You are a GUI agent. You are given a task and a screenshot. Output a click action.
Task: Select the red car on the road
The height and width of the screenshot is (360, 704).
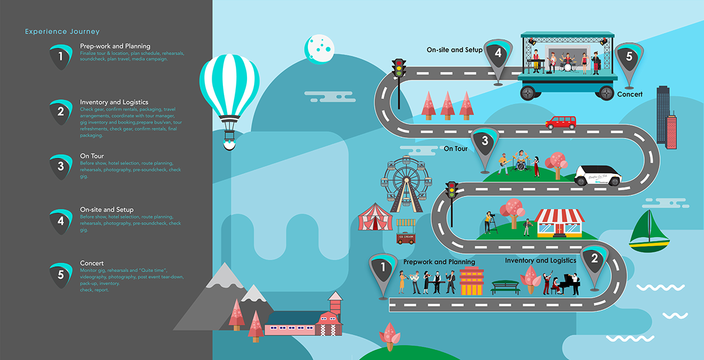point(560,123)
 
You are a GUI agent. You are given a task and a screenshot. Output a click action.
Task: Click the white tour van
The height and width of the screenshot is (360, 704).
point(597,175)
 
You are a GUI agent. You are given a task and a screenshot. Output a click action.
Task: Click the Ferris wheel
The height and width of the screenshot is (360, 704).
point(405,180)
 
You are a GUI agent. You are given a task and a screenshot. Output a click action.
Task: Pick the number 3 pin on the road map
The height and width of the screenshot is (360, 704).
point(485,145)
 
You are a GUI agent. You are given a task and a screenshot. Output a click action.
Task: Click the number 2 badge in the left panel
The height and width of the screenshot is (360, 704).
point(60,111)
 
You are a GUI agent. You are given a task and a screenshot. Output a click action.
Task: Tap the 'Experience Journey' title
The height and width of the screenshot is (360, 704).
point(62,32)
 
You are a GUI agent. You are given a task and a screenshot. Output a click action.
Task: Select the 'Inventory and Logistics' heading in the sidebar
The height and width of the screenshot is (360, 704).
point(114,102)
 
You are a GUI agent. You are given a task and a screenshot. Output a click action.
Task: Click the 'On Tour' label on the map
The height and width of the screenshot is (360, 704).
point(455,149)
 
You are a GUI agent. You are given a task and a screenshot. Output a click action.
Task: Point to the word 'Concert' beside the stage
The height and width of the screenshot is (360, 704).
point(629,94)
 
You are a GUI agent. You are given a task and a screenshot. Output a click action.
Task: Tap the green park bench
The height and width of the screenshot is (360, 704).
point(505,287)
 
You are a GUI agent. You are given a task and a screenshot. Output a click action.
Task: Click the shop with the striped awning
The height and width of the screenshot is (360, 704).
point(560,223)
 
